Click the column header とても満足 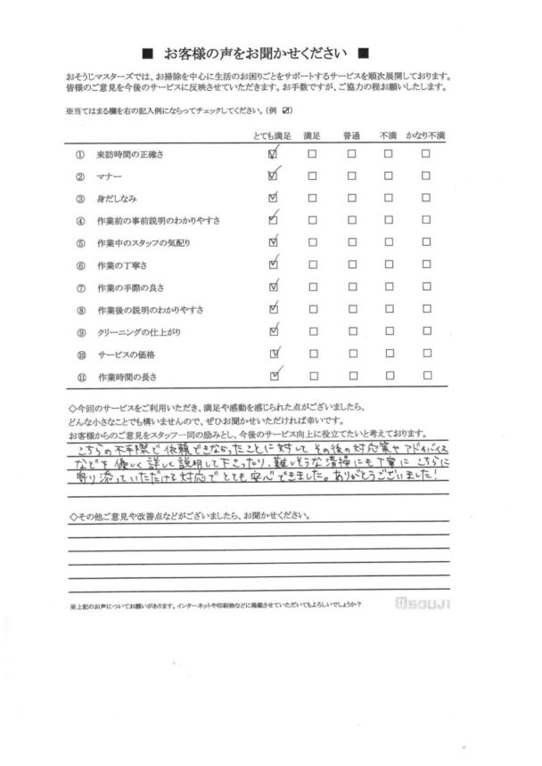[x=267, y=134]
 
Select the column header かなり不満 [x=425, y=134]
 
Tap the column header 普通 [x=351, y=134]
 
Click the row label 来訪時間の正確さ [x=130, y=154]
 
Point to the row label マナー [x=111, y=175]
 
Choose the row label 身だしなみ [x=117, y=198]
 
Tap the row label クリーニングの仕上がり [x=137, y=331]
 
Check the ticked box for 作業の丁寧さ [x=273, y=264]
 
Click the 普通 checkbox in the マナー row [x=351, y=175]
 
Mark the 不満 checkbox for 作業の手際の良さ [x=388, y=287]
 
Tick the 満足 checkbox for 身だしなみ [x=312, y=198]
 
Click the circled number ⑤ [x=79, y=242]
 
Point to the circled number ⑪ [x=79, y=376]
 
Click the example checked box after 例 [x=287, y=110]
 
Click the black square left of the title [x=147, y=52]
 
